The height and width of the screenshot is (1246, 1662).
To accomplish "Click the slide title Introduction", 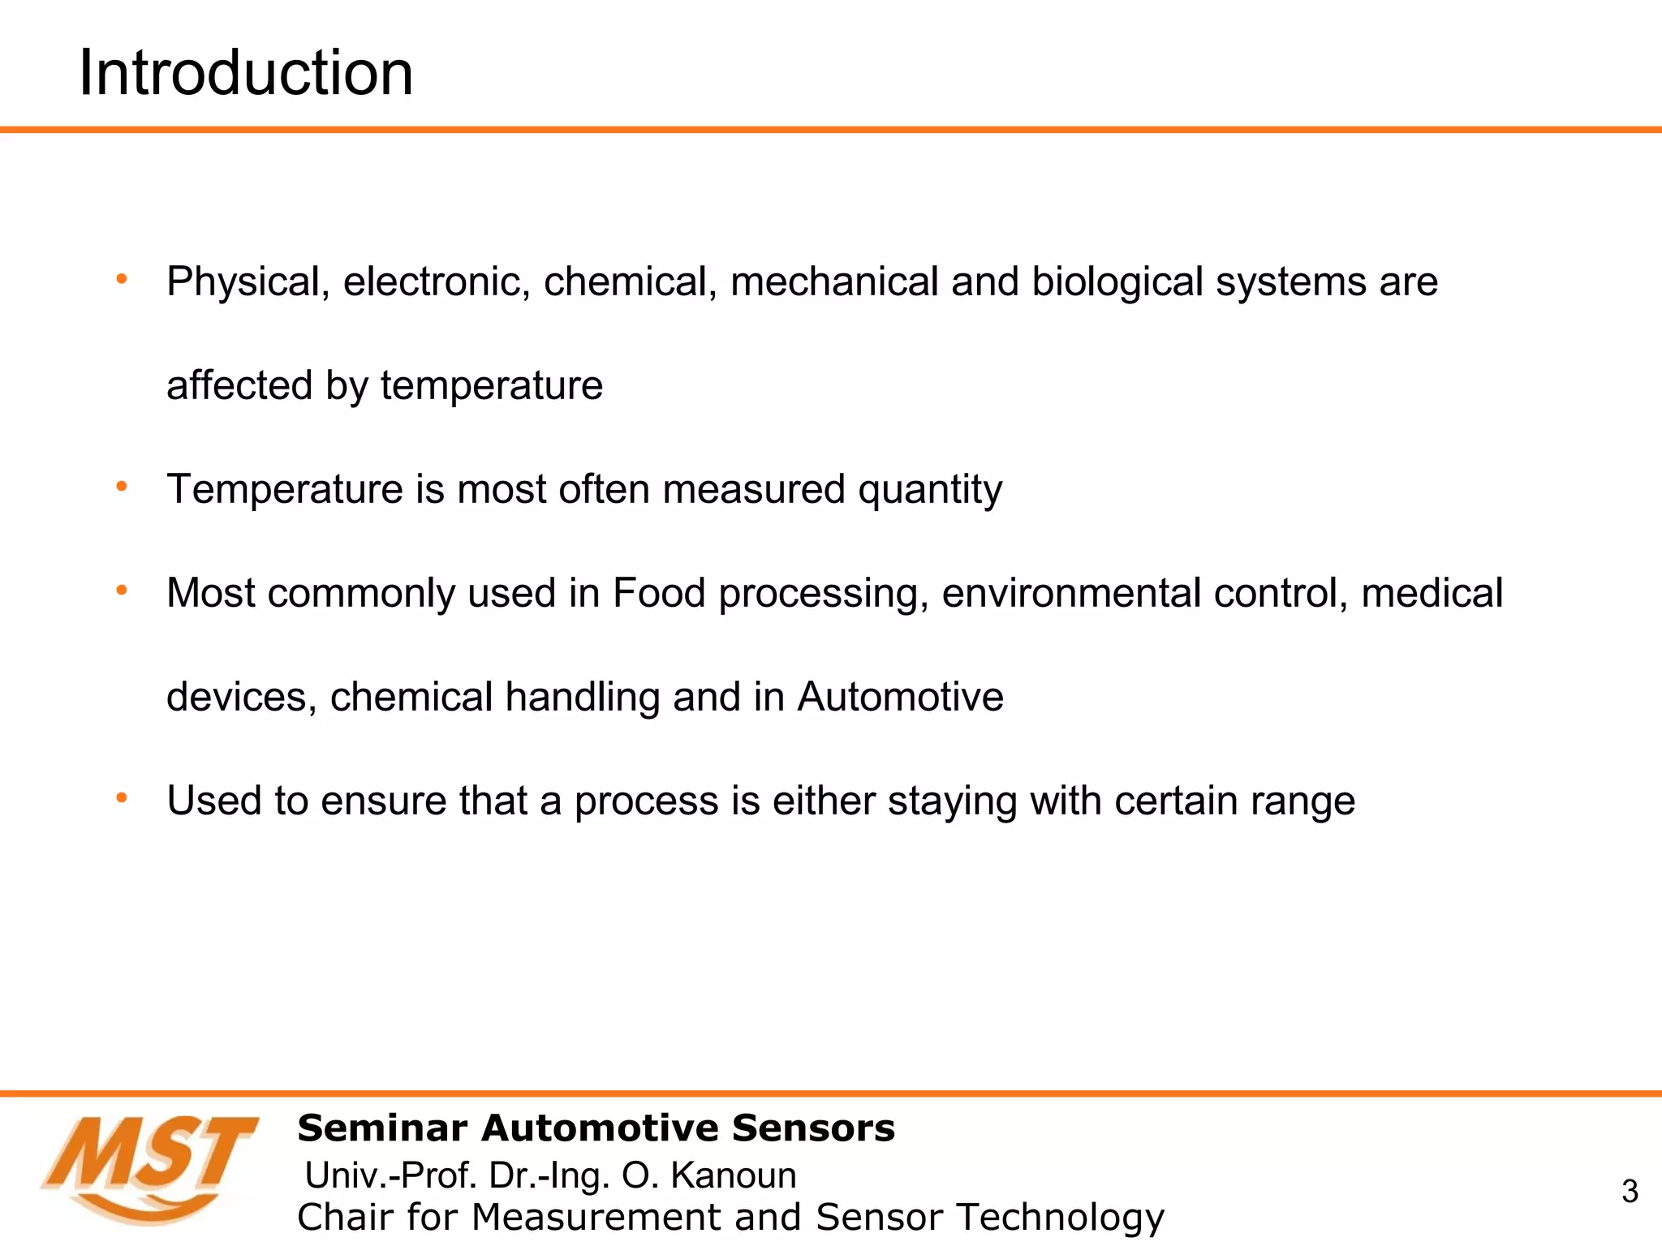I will coord(246,73).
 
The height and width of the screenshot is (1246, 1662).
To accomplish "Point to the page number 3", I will coord(1630,1192).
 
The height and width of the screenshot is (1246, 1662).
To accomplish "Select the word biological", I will coord(1117,282).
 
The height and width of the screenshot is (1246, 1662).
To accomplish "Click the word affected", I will coord(239,385).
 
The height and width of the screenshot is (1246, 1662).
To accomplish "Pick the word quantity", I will coord(930,490).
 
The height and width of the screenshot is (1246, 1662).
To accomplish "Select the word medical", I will coord(1432,593).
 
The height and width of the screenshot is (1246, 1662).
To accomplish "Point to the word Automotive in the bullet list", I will coord(900,697).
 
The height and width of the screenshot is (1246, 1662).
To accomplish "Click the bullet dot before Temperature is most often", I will coord(122,487).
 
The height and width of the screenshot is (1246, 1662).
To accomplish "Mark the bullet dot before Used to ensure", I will coord(122,798).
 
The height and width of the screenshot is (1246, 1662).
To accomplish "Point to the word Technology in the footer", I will coord(1060,1217).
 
